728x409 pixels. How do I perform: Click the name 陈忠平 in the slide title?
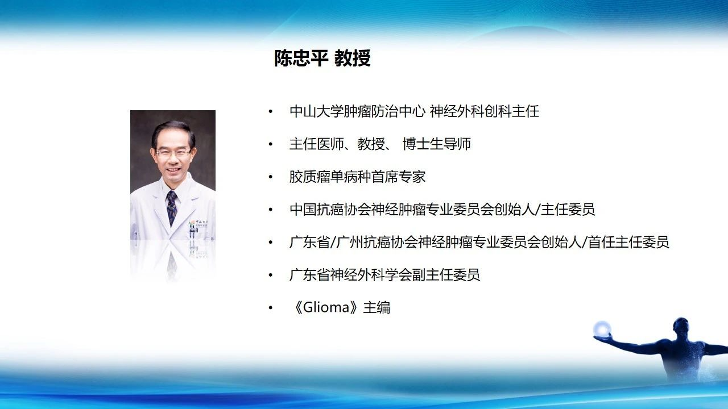click(300, 59)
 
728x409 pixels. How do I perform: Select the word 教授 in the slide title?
click(352, 59)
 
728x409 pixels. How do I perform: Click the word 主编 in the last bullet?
click(377, 307)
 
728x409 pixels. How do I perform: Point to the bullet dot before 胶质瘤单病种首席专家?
click(270, 177)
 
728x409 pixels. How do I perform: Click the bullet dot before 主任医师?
click(270, 144)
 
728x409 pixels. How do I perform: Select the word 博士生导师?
click(436, 144)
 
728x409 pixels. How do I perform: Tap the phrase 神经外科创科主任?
click(484, 111)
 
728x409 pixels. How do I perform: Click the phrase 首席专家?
click(399, 177)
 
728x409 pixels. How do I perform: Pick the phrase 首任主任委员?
click(628, 242)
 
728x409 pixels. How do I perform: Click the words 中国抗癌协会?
click(330, 210)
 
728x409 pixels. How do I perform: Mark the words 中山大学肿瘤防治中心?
click(357, 111)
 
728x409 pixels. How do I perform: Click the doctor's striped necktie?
click(172, 208)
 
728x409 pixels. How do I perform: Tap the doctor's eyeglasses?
click(173, 153)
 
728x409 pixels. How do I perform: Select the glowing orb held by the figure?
click(602, 329)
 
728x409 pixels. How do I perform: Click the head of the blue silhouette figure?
click(680, 327)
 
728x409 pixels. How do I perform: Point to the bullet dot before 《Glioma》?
click(270, 308)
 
